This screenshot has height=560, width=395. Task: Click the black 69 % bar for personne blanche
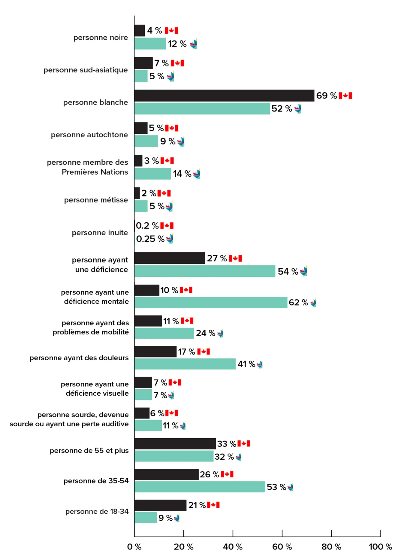[x=224, y=96]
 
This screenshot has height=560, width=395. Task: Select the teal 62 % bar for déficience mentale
[x=211, y=303]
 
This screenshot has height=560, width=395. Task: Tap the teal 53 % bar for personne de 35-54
[x=200, y=487]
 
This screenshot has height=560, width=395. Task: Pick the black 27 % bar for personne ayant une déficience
[x=170, y=258]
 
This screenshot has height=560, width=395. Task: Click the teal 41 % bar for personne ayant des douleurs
[x=185, y=364]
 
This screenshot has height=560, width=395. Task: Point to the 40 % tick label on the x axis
[x=233, y=547]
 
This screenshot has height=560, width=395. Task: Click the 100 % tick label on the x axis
[x=380, y=547]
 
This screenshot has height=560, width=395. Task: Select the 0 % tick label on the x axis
[x=134, y=547]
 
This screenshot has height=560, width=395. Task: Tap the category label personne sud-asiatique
[x=86, y=70]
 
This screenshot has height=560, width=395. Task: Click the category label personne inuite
[x=100, y=233]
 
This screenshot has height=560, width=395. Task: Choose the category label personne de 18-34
[x=97, y=511]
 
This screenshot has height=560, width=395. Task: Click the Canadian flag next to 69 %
[x=345, y=96]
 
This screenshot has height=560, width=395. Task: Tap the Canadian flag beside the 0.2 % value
[x=167, y=226]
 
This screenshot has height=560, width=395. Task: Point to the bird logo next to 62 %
[x=313, y=303]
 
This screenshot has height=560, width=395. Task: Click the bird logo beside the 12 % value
[x=194, y=44]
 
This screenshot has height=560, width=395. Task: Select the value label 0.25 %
[x=150, y=239]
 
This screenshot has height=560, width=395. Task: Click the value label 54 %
[x=288, y=272]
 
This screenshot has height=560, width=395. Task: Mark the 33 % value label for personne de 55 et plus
[x=227, y=444]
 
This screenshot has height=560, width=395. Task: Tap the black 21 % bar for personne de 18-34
[x=160, y=505]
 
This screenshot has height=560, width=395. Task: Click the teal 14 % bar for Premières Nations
[x=153, y=174]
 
